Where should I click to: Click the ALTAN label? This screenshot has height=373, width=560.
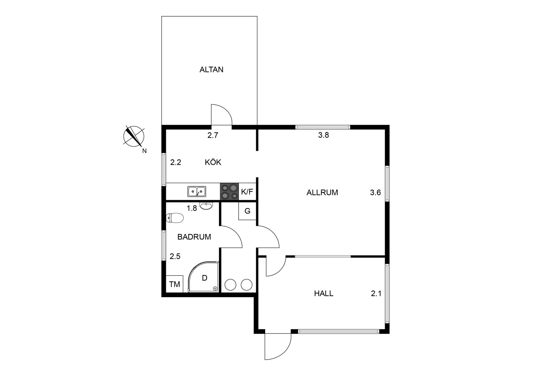(x=211, y=70)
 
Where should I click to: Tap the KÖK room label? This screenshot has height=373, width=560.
(x=213, y=162)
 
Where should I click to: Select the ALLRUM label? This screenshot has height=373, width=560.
(x=322, y=193)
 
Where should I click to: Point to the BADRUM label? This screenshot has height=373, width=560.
(x=194, y=237)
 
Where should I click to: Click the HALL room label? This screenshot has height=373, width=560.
(x=324, y=293)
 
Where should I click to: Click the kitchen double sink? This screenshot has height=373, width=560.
(x=197, y=191)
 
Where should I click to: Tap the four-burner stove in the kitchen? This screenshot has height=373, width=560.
(x=229, y=191)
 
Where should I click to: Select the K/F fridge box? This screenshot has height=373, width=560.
(x=247, y=191)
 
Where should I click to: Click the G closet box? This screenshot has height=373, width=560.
(x=247, y=211)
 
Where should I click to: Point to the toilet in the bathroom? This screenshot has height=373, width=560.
(x=175, y=218)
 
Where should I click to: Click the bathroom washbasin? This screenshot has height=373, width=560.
(x=206, y=206)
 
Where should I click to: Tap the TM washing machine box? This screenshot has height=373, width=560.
(x=174, y=284)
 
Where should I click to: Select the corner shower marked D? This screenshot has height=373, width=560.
(x=204, y=277)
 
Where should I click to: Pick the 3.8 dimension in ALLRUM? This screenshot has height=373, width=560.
(x=323, y=135)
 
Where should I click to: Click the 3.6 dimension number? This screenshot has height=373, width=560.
(x=375, y=193)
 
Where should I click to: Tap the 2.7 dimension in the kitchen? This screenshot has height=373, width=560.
(x=213, y=135)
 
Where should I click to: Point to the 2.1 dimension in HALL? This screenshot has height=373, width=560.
(x=376, y=294)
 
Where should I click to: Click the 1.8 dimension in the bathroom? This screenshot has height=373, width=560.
(x=192, y=208)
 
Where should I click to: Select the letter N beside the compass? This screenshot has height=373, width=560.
(x=144, y=151)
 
